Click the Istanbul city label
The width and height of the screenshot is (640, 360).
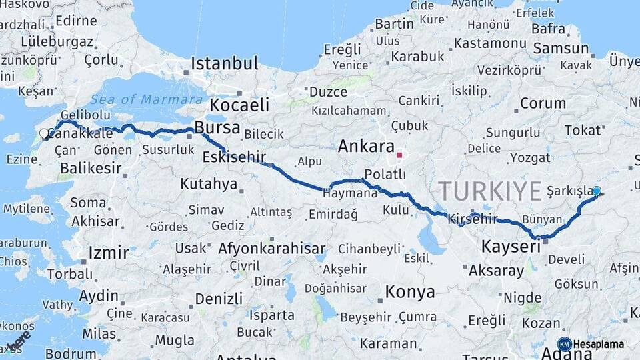click(225, 64)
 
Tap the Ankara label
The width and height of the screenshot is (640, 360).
click(366, 146)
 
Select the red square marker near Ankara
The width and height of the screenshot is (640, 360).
click(399, 155)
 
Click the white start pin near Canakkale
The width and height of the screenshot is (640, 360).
click(45, 134)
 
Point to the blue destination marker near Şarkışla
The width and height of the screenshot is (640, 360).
click(596, 191)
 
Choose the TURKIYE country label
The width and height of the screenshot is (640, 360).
click(490, 192)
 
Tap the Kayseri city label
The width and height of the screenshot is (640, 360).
click(510, 247)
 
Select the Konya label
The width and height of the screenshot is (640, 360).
click(410, 292)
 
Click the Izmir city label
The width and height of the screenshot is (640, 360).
click(108, 253)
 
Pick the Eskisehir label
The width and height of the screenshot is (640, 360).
click(235, 157)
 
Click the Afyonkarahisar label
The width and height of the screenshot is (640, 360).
click(271, 249)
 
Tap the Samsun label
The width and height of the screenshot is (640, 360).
click(561, 49)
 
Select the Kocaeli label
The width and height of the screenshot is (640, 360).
click(239, 105)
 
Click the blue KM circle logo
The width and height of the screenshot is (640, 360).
click(564, 344)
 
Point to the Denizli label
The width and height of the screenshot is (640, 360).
click(209, 298)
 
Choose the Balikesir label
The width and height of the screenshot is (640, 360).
click(91, 168)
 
